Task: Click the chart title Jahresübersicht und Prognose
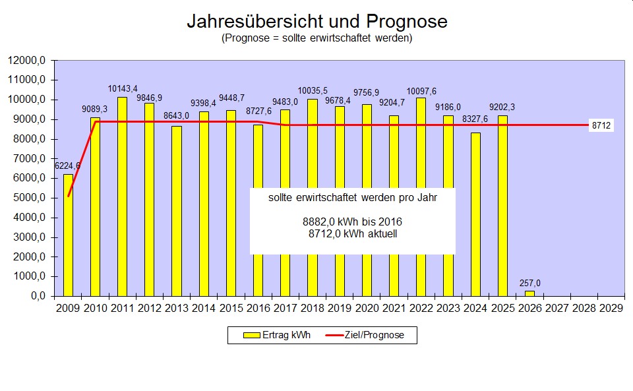point(316,21)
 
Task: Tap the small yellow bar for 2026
point(529,293)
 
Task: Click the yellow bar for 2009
point(68,235)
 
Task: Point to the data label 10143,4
point(123,88)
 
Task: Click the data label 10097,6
point(421,91)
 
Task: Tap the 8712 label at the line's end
point(601,125)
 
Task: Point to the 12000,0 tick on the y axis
point(26,61)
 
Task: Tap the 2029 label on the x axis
point(611,307)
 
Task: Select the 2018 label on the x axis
point(313,307)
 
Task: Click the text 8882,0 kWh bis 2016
point(352,222)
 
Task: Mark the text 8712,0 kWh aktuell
point(352,233)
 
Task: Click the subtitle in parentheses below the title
point(316,38)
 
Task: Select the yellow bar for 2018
point(313,198)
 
